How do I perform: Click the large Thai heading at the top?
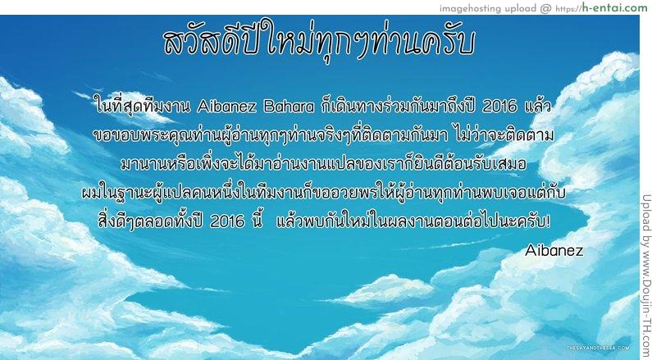click(x=319, y=42)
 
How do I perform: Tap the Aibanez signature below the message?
click(x=554, y=249)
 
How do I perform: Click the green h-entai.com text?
click(x=613, y=8)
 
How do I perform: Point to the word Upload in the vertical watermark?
click(x=645, y=212)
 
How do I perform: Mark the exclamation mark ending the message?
click(x=547, y=221)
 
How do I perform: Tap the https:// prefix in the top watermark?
click(x=567, y=9)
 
